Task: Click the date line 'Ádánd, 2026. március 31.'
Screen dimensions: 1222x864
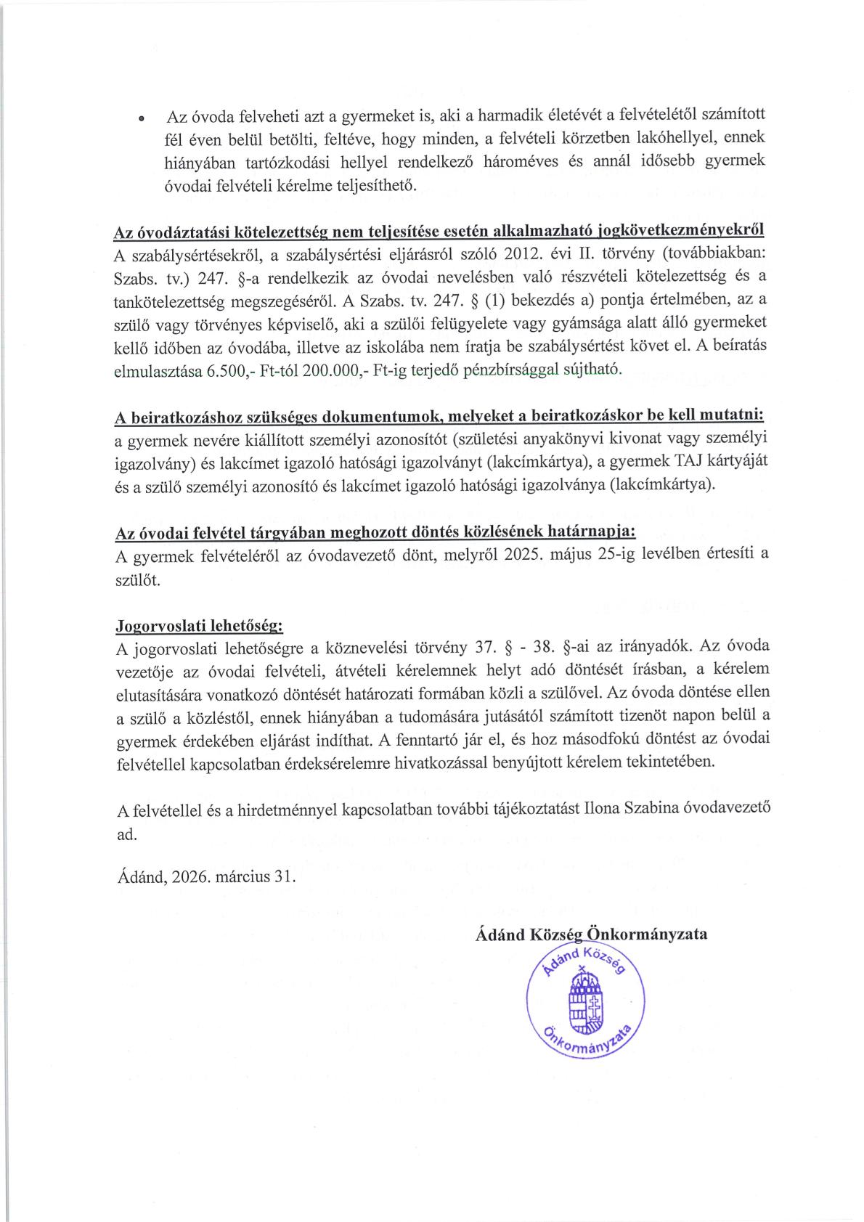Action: tap(206, 876)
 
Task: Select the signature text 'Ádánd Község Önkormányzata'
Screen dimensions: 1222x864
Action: tap(591, 934)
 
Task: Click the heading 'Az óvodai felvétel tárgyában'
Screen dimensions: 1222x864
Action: tap(376, 534)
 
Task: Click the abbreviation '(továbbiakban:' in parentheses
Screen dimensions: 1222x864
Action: tap(718, 256)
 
